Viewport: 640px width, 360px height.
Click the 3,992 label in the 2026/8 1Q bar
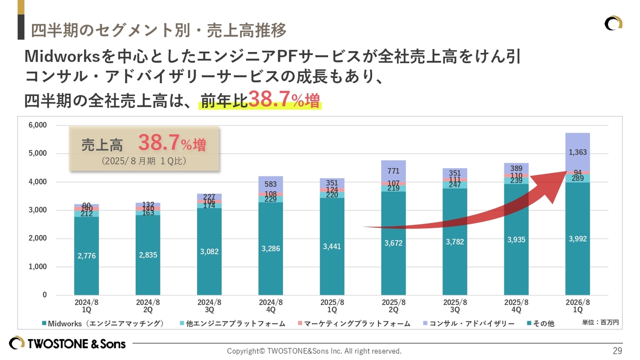point(577,239)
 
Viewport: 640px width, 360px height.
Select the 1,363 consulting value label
point(577,152)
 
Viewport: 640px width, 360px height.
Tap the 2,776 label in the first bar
point(86,256)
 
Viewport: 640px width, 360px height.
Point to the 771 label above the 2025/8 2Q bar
point(393,171)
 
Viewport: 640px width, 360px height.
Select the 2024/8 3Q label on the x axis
point(209,306)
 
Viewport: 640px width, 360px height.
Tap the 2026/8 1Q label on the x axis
point(577,306)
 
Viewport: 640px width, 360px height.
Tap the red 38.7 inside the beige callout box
point(158,143)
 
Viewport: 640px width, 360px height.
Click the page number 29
point(617,350)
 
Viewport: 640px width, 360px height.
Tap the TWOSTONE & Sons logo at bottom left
point(67,343)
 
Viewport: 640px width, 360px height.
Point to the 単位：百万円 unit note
point(600,323)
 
